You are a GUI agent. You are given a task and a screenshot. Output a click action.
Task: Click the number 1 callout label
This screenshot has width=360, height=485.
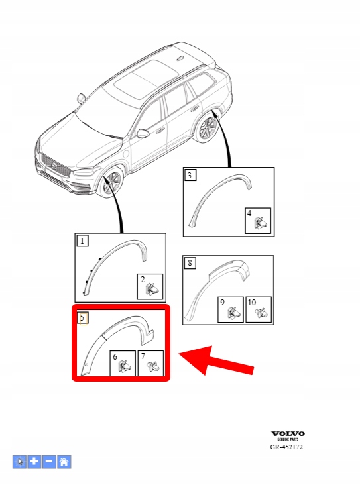(x=82, y=241)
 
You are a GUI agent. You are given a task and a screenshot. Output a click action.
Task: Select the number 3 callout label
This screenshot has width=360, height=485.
(x=190, y=175)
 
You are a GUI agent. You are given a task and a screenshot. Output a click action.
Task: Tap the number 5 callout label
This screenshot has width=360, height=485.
(x=83, y=317)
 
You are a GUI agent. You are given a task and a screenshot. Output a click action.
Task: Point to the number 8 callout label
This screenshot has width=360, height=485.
(x=190, y=263)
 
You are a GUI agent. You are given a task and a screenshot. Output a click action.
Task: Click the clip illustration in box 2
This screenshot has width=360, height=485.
(x=152, y=290)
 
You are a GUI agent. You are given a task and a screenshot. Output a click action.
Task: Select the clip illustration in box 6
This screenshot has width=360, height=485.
(x=125, y=366)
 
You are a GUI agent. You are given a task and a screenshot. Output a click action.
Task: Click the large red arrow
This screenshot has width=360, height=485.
(x=216, y=361)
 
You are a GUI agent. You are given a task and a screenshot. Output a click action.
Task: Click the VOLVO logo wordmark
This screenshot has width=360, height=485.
(x=288, y=434)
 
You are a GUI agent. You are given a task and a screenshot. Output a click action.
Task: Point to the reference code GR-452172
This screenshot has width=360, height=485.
(x=286, y=447)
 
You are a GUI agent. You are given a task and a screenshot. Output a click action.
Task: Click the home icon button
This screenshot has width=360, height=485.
(x=64, y=462)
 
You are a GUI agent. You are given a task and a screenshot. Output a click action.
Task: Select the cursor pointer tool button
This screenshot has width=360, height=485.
(x=19, y=462)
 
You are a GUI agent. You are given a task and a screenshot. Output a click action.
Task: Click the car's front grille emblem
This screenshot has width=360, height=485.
(x=54, y=166)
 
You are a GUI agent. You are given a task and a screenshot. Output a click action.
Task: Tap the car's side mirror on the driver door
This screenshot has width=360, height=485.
(x=143, y=133)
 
